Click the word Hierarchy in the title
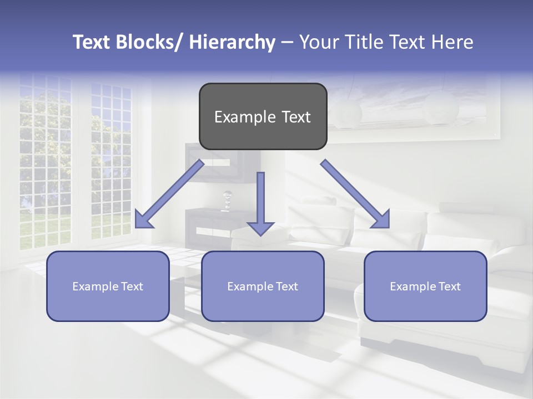click(232, 42)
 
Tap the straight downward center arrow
click(260, 199)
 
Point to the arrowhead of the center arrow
click(260, 228)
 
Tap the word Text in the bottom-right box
click(449, 287)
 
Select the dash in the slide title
click(287, 43)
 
